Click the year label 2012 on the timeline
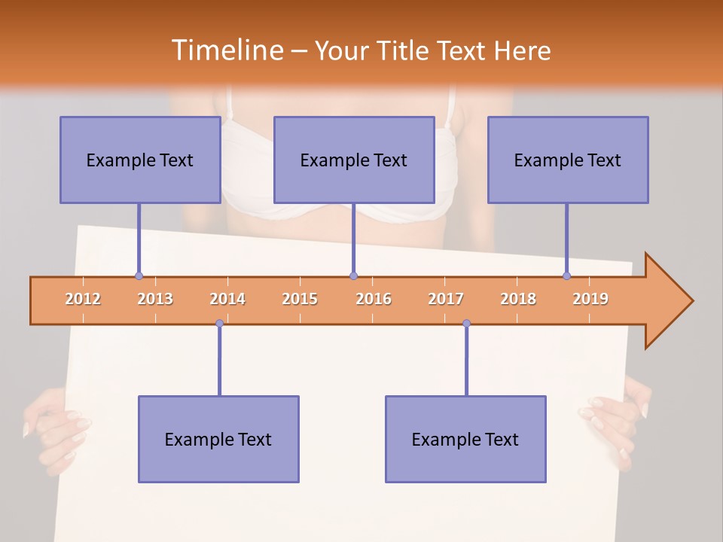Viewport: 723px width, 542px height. coord(83,299)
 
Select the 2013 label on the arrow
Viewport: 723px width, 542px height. coord(155,299)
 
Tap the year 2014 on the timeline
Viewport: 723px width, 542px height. coord(227,299)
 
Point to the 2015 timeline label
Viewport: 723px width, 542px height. coord(300,299)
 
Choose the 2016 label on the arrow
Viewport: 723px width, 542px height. coord(374,299)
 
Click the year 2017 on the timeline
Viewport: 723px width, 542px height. coord(446,299)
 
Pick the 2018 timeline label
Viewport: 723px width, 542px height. coord(518,299)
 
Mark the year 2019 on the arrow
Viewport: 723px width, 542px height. coord(590,299)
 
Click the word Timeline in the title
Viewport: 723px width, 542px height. coord(226,50)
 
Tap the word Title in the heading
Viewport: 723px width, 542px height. coord(405,50)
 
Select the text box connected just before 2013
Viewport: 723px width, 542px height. coord(139,160)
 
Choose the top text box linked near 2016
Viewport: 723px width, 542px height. coord(354,160)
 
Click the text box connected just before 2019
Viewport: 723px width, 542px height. coord(568,160)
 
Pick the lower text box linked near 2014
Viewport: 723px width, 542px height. coord(218,439)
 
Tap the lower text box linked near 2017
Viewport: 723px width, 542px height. coord(465,439)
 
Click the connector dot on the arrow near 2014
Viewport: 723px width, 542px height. coord(219,324)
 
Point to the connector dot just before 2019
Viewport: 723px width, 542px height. coord(567,276)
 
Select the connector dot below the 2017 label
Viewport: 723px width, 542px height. coord(466,324)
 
